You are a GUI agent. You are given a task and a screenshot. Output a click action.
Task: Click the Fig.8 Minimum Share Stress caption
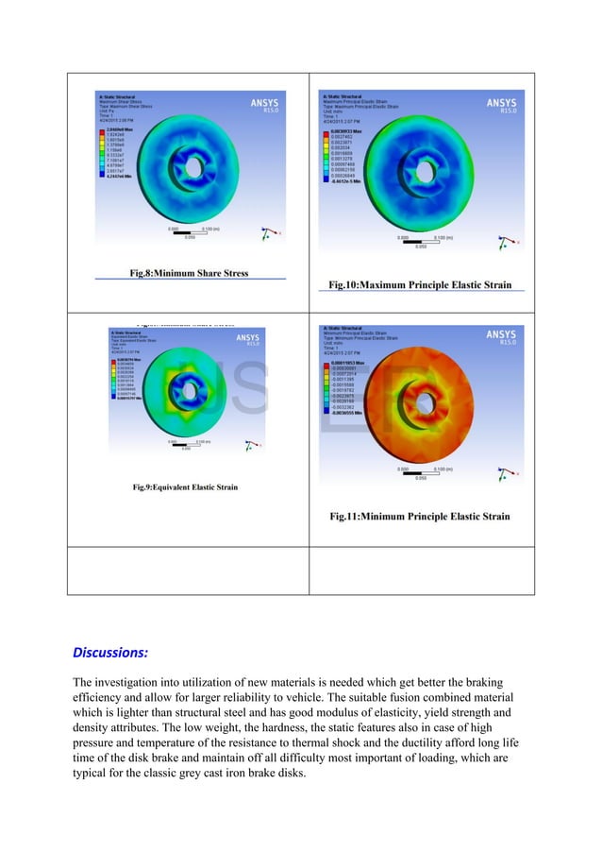click(x=189, y=273)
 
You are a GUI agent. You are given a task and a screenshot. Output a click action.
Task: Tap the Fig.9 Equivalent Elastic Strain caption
click(x=185, y=487)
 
